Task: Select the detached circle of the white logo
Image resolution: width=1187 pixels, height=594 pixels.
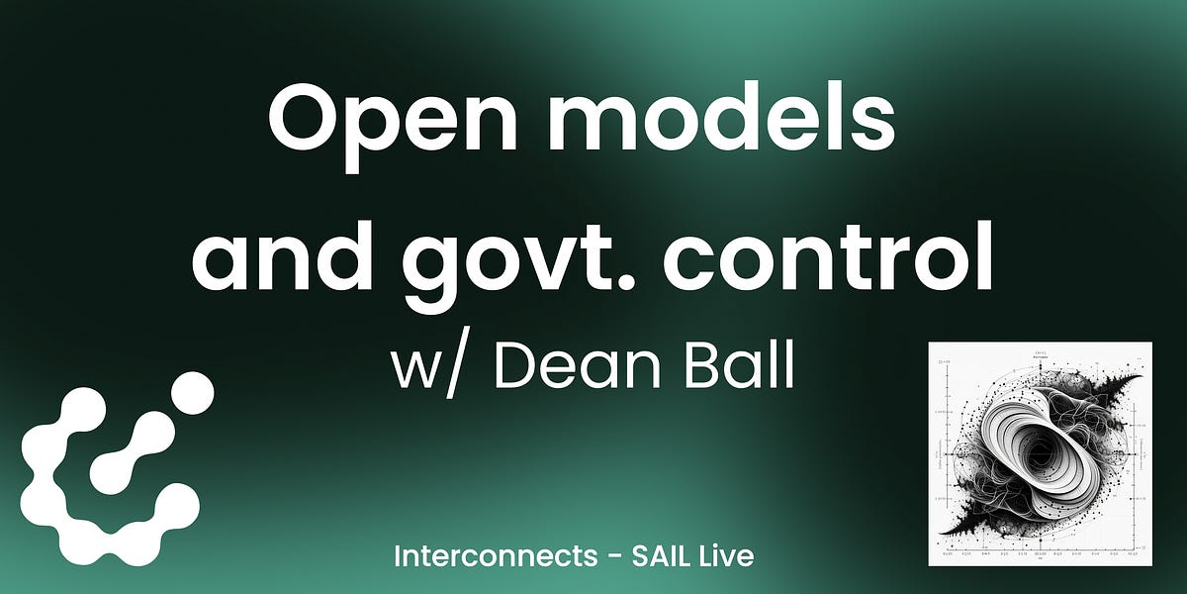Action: click(x=192, y=393)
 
